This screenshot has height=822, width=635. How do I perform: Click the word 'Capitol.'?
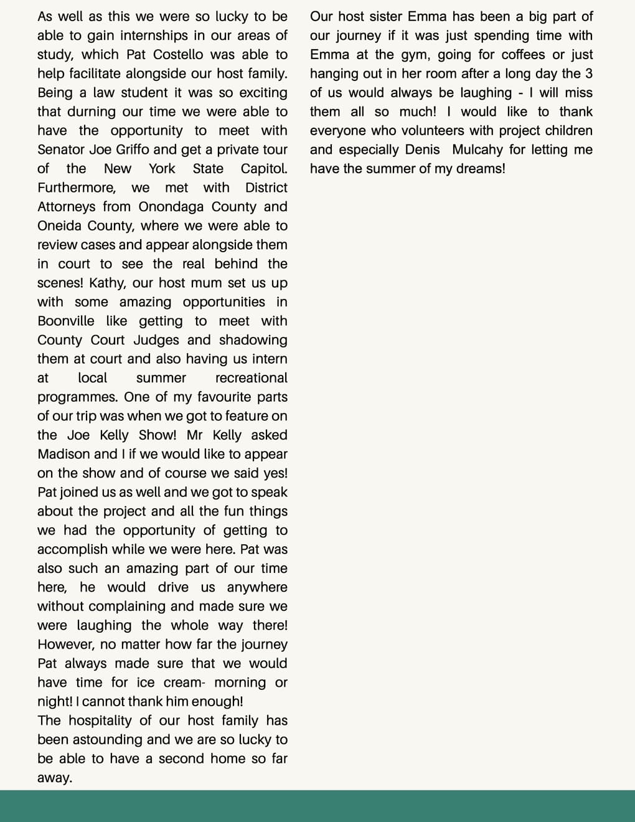click(x=264, y=168)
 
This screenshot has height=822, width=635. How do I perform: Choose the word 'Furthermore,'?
click(x=77, y=187)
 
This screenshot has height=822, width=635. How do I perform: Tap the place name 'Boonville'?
click(x=66, y=321)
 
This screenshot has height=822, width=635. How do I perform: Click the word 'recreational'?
click(x=251, y=378)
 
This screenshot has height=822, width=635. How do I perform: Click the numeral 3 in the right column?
click(x=588, y=73)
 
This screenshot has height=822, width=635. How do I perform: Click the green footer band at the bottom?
click(x=317, y=806)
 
